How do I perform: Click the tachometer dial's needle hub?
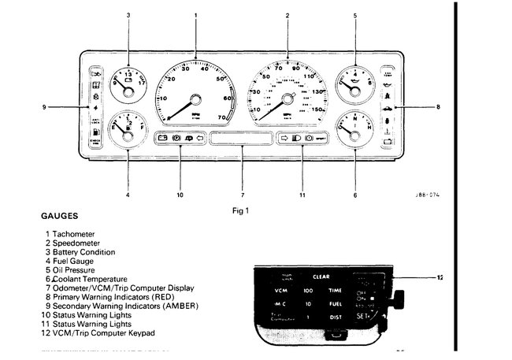point(195,99)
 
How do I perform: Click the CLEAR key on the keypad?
point(320,277)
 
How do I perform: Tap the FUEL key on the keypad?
point(336,303)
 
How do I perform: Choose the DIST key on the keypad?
point(335,317)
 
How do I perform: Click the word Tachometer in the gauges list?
point(76,234)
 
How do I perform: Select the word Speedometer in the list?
point(78,243)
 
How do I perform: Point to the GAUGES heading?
point(59,214)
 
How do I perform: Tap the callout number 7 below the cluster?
point(242,195)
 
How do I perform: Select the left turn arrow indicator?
point(200,138)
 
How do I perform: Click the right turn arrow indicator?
point(284,138)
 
